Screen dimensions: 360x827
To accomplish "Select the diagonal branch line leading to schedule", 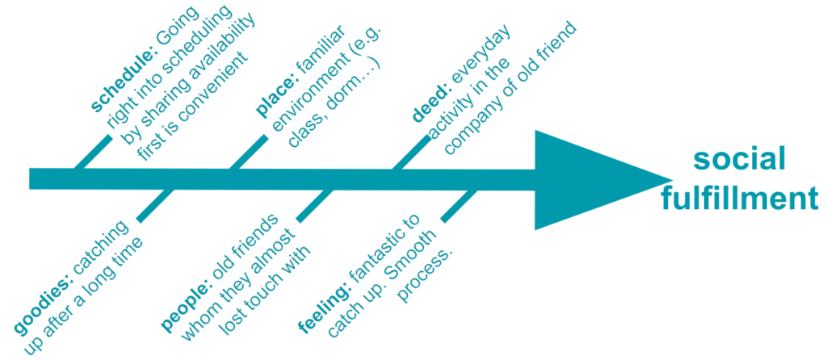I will click(91, 153).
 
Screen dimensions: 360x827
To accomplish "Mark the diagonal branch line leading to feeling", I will click(459, 206).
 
